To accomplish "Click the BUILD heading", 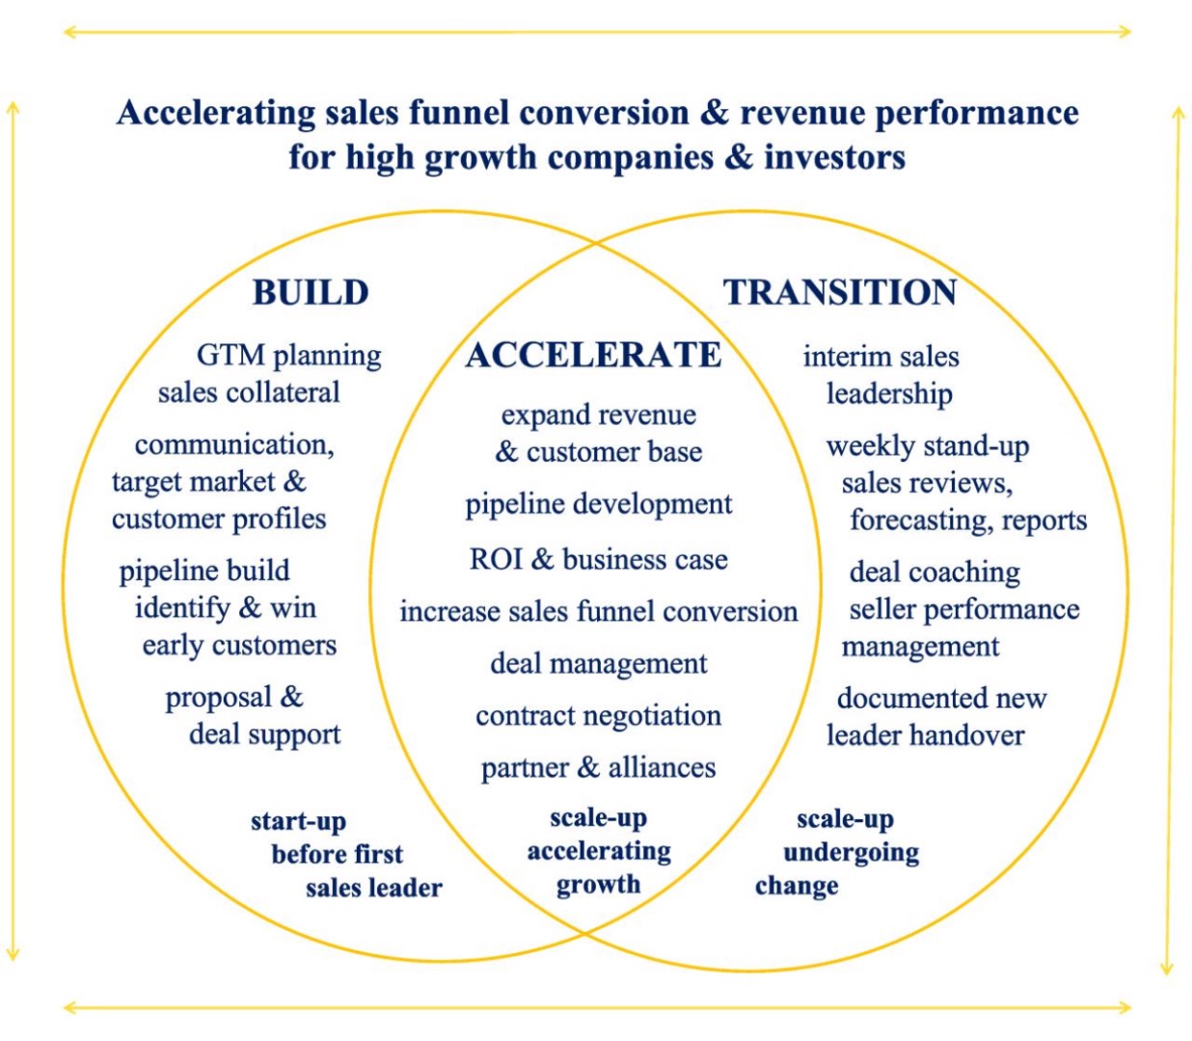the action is click(311, 292).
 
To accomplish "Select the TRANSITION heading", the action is click(840, 292).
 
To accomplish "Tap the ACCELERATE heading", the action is click(593, 355).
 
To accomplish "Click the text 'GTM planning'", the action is click(289, 355).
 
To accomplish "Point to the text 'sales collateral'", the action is click(249, 392).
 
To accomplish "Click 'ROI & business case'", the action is click(598, 559).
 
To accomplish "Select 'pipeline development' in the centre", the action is click(598, 505).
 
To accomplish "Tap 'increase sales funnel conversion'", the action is click(598, 611).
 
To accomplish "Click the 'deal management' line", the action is click(598, 664).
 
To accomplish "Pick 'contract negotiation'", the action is click(598, 715).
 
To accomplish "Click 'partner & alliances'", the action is click(598, 767).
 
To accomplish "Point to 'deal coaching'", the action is click(935, 573).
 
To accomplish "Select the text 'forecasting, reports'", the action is click(968, 520).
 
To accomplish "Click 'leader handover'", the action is click(925, 735).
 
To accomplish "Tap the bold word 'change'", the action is click(797, 885).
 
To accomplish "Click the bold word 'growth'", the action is click(598, 884).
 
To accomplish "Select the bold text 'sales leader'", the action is click(374, 888).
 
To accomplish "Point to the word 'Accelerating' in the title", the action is click(216, 113).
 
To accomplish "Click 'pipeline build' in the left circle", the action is click(203, 572).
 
